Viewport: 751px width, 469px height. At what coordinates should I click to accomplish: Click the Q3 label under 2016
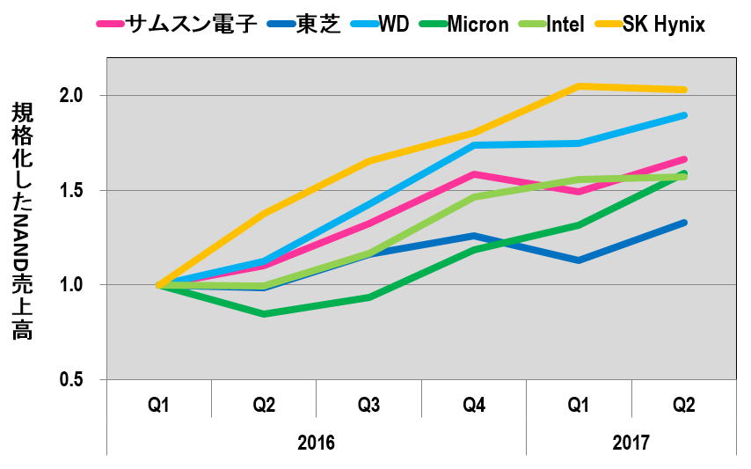368,406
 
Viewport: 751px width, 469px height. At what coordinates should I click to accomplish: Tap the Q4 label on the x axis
473,406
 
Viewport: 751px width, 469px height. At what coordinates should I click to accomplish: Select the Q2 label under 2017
683,406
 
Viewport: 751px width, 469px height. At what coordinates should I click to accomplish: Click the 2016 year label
316,442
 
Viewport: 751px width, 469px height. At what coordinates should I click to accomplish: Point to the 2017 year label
631,442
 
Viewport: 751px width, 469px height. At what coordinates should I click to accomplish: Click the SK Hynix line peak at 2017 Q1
579,86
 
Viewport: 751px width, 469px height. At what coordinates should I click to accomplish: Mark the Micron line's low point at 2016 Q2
264,314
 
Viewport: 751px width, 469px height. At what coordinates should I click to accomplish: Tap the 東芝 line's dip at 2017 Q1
579,260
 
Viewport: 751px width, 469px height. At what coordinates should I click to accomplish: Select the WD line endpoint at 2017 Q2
683,115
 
